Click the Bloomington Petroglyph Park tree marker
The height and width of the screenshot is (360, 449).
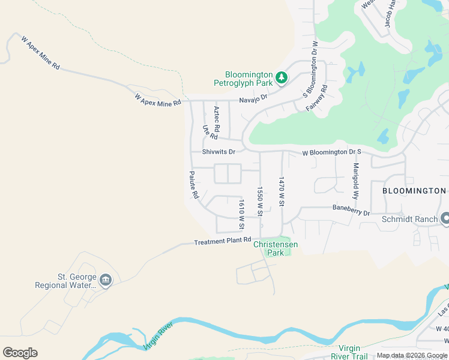pos(281,77)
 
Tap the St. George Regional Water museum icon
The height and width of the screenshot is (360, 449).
pos(106,280)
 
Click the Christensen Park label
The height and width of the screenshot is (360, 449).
pos(276,248)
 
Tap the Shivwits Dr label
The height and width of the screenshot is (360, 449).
pos(218,152)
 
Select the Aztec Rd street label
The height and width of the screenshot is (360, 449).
pos(217,119)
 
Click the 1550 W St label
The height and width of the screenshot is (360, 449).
pos(261,201)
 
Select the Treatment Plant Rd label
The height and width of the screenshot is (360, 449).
pos(222,241)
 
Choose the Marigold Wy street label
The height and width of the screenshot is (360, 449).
pos(356,181)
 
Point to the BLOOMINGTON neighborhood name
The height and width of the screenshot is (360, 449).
pos(414,191)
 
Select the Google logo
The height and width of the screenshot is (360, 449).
pos(20,353)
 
